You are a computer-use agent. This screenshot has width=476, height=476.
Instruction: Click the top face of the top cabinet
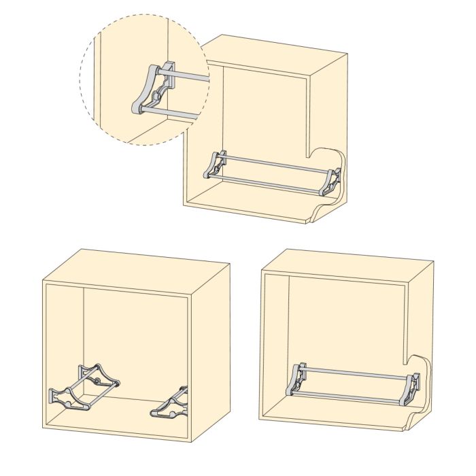(279, 51)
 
